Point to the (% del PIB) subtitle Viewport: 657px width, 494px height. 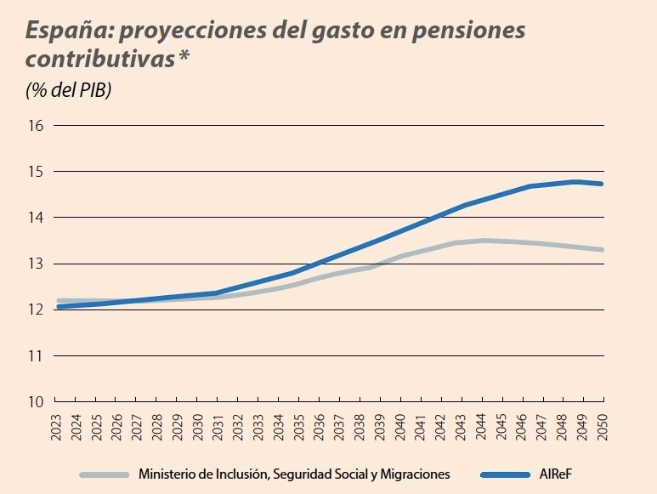69,90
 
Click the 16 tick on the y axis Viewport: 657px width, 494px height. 36,126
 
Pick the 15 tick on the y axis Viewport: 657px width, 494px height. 36,172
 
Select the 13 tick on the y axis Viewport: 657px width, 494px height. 36,264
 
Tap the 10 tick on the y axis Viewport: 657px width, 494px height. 36,401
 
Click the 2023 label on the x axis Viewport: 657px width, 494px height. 57,424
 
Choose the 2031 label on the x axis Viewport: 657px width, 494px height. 219,424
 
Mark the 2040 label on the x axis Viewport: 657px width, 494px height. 401,424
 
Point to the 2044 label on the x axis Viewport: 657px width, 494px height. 482,424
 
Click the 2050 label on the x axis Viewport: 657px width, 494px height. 603,424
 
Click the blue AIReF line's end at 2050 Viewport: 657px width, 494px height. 603,184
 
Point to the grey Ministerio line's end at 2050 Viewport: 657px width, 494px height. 603,250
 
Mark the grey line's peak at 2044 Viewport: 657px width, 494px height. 482,241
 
